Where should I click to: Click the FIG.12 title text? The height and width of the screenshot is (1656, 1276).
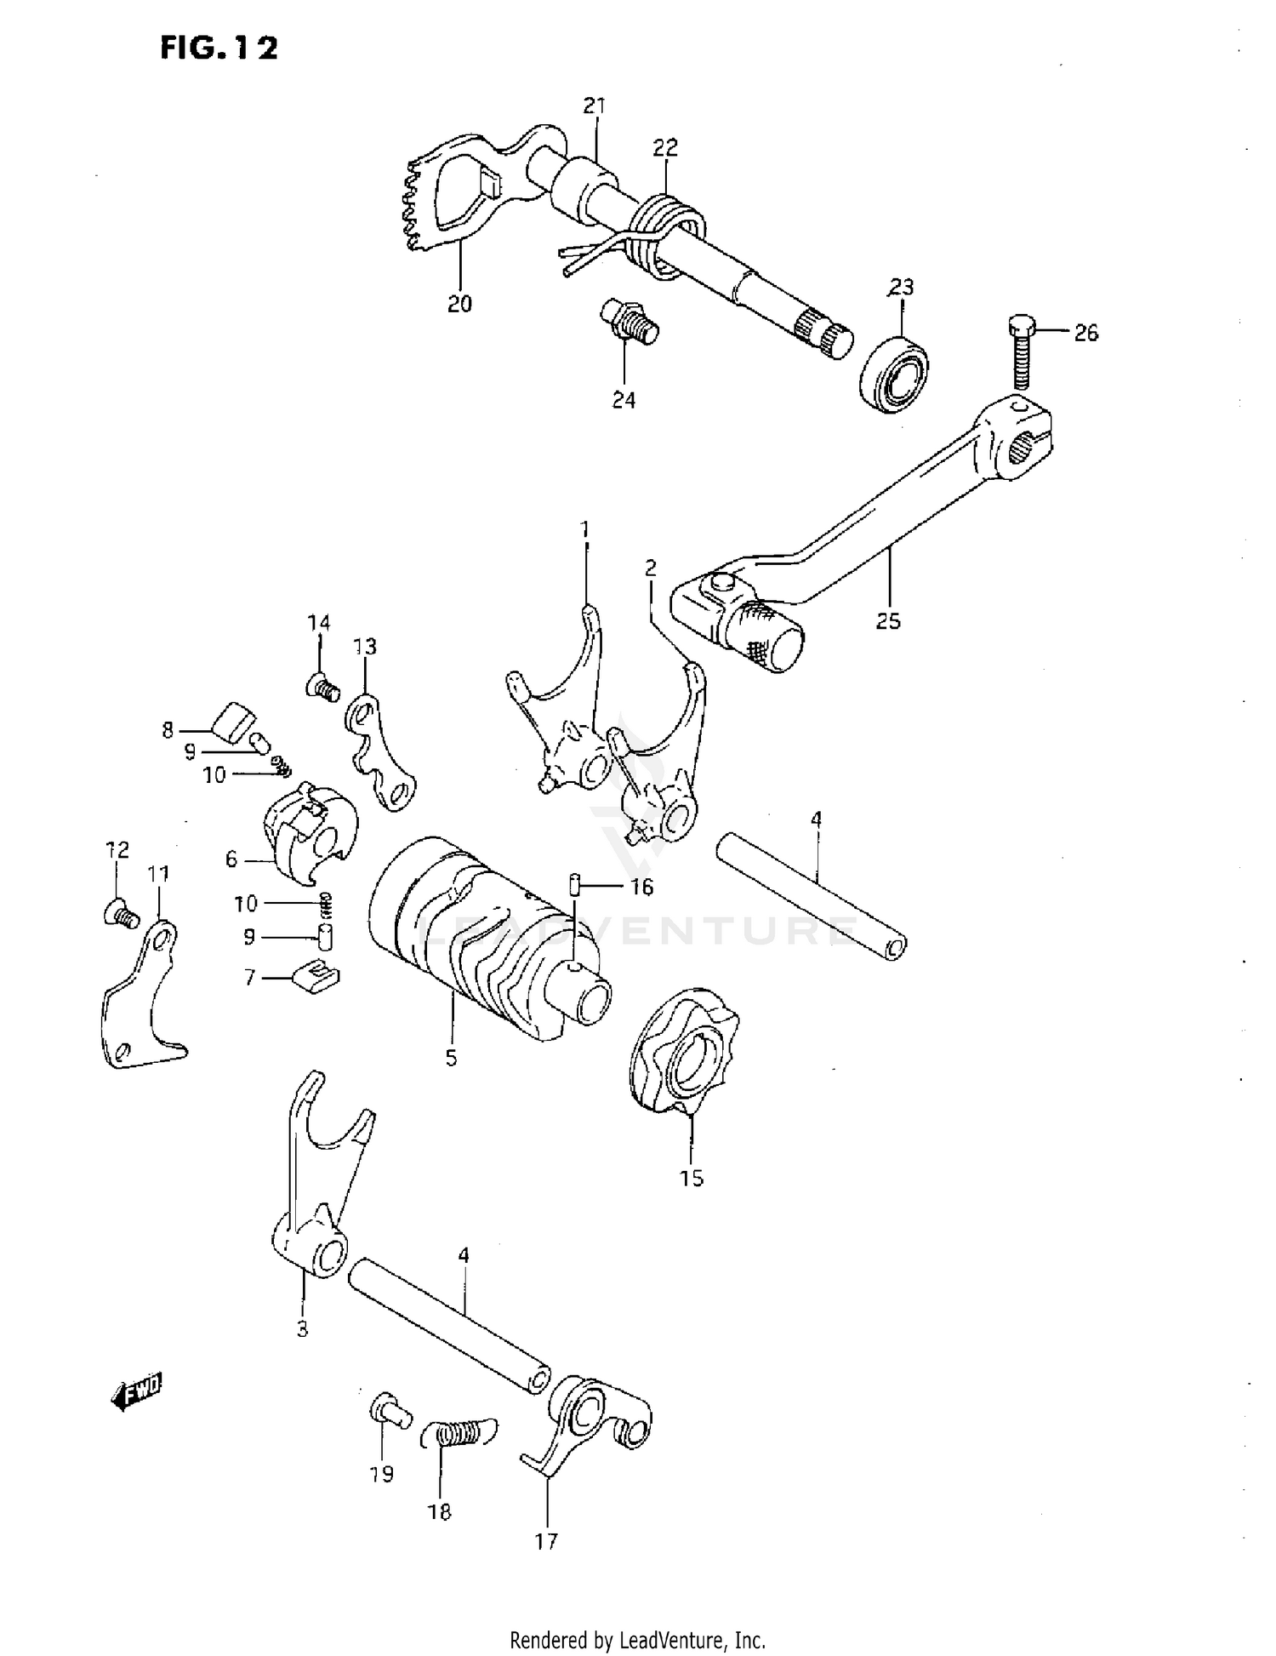click(219, 49)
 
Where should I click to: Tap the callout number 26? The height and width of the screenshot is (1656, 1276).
click(1085, 333)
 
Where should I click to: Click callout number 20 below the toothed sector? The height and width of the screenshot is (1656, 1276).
click(459, 304)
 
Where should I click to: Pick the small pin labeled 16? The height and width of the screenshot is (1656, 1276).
click(575, 885)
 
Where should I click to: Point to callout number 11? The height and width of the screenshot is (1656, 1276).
click(158, 874)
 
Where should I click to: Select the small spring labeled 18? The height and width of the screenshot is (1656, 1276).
click(459, 1434)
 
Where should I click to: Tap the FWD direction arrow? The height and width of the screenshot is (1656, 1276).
click(136, 1392)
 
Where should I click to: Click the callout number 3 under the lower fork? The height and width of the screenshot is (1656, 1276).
click(302, 1330)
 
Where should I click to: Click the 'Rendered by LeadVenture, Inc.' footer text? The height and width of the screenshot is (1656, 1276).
click(637, 1639)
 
